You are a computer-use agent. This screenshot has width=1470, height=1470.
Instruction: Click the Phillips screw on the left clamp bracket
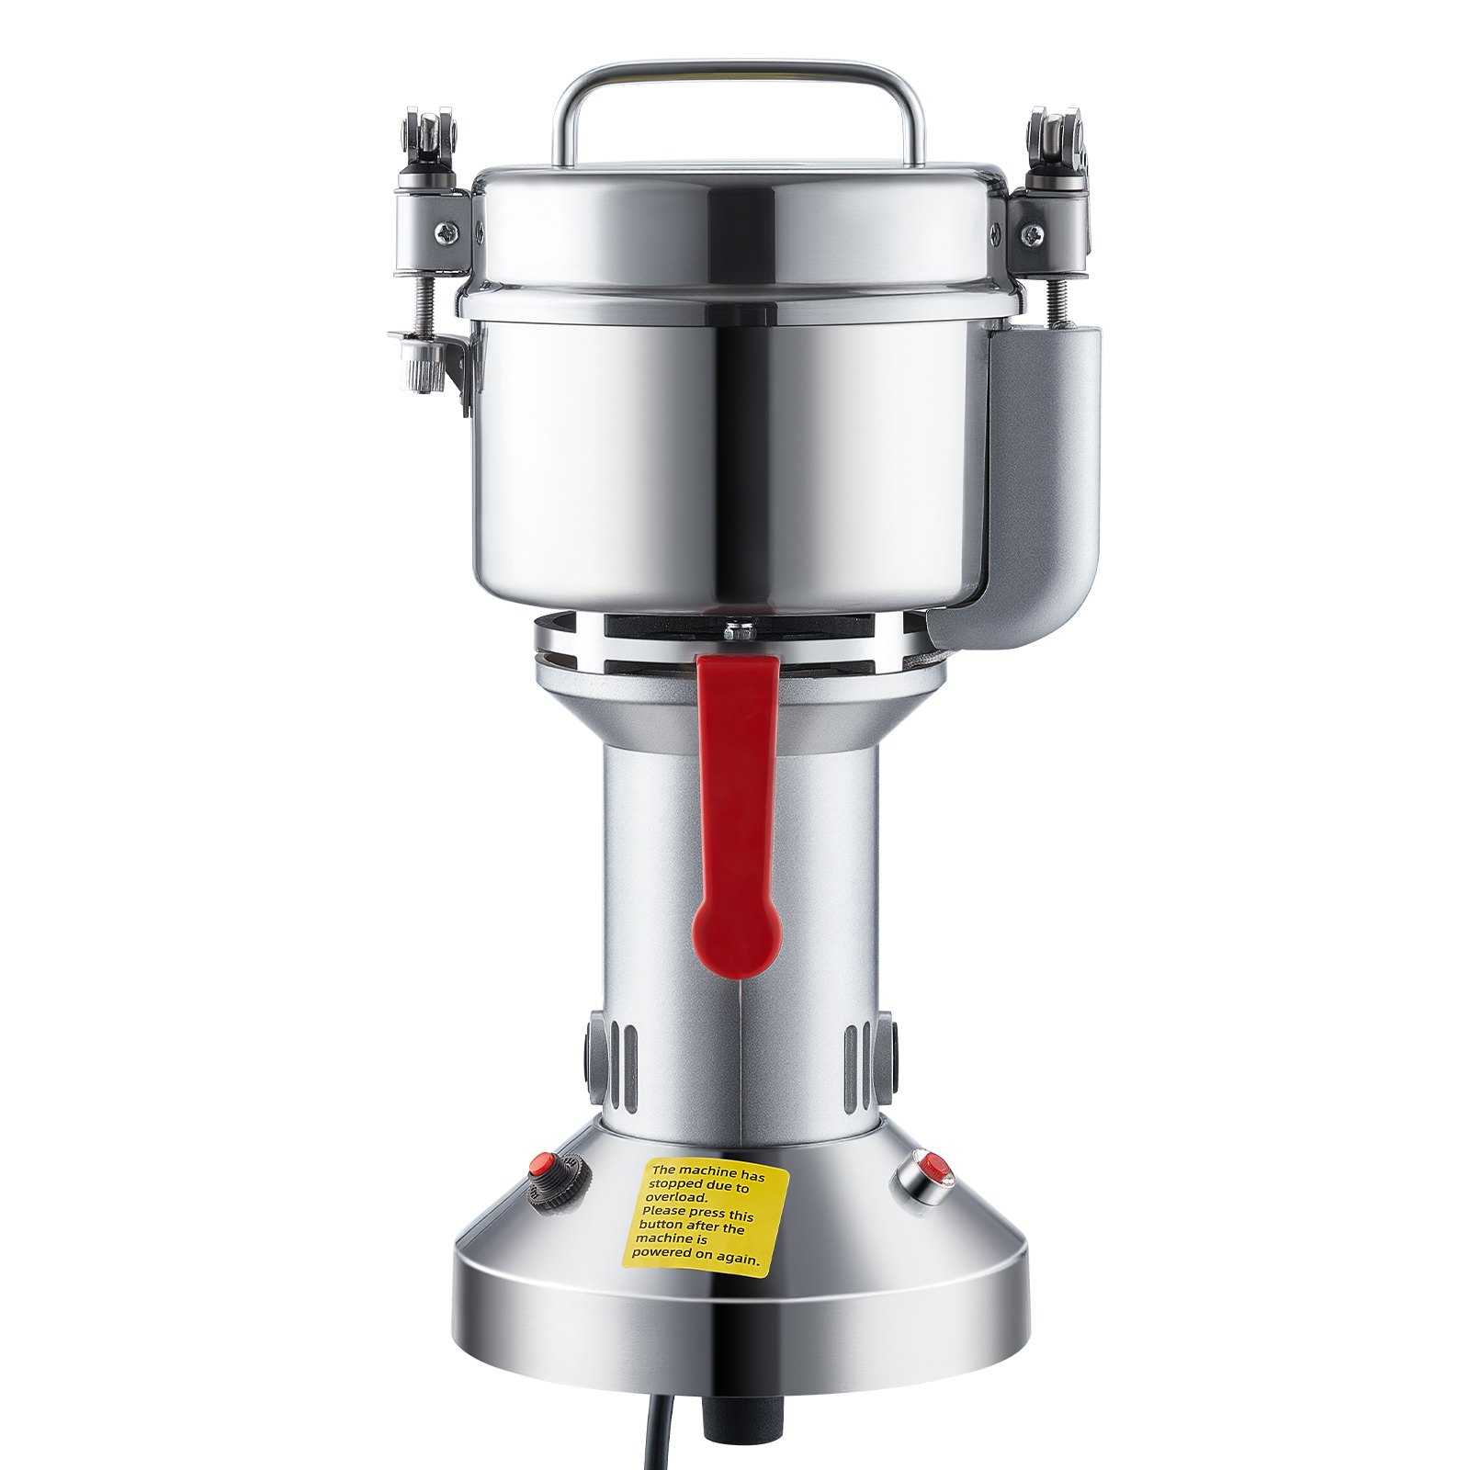(447, 234)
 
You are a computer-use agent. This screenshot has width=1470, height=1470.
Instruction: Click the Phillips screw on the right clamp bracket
(1031, 235)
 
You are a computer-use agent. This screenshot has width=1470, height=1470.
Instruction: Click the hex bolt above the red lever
(738, 632)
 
